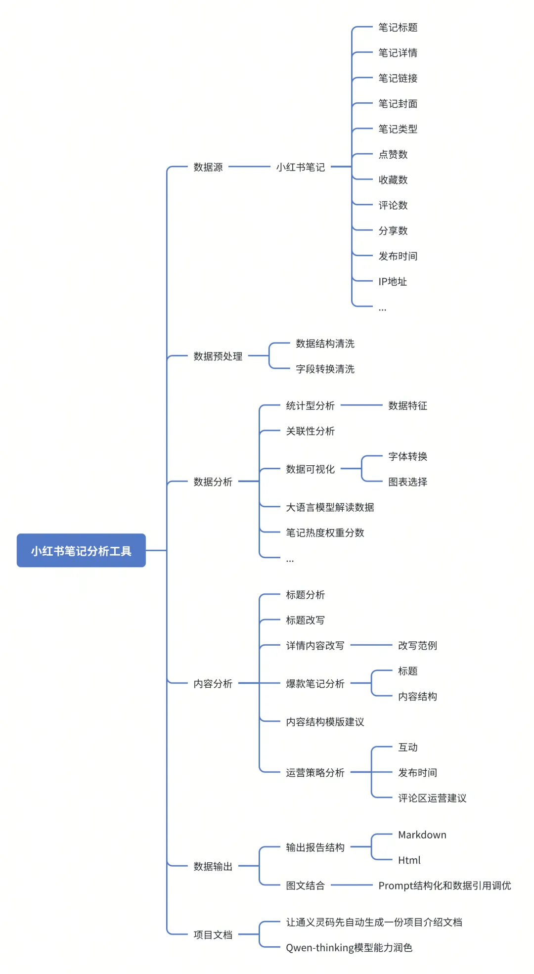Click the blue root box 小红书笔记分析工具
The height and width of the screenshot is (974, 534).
pos(81,550)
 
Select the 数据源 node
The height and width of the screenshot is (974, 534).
pos(208,167)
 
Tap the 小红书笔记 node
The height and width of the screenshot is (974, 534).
pos(300,167)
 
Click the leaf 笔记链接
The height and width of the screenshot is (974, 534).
pos(398,78)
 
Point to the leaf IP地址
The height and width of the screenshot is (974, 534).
pos(393,281)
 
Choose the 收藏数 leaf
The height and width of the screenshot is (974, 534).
pos(393,180)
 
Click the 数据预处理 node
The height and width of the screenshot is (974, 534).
pos(218,356)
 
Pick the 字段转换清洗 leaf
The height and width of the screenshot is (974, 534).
pos(325,369)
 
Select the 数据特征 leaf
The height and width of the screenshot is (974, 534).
pos(407,405)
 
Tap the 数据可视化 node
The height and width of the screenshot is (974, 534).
pos(310,469)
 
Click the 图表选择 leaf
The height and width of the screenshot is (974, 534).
pos(407,482)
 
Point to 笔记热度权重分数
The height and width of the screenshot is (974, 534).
pos(325,532)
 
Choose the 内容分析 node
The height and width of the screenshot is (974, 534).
pos(213,683)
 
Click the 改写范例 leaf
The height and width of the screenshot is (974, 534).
pos(417,645)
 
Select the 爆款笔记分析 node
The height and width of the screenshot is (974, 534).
pos(315,683)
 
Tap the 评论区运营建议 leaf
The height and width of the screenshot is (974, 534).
pos(432,797)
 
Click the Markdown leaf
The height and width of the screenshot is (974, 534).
pos(422,835)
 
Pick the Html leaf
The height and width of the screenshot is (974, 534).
pos(409,860)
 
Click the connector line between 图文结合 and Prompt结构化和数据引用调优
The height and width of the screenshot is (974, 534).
pos(351,885)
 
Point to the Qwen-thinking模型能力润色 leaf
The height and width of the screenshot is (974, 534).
pos(349,947)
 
